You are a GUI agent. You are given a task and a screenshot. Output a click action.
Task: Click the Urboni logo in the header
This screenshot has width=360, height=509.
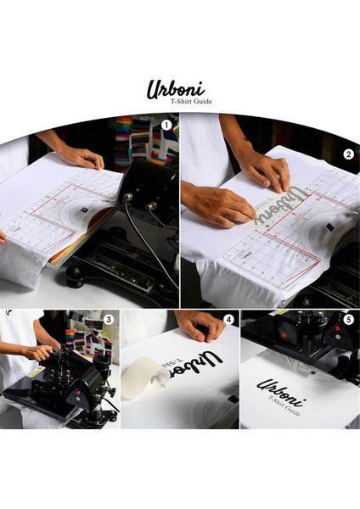point(176,88)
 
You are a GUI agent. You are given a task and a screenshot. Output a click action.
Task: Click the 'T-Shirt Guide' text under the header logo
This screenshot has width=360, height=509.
point(193,102)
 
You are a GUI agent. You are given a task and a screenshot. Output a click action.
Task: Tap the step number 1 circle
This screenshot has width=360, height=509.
point(166,125)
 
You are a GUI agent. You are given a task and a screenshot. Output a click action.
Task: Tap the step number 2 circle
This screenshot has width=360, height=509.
point(348,154)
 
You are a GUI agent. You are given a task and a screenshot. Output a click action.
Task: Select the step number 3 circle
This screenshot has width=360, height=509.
point(108,320)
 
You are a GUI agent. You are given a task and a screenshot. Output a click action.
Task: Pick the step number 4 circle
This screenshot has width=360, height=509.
point(228,320)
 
